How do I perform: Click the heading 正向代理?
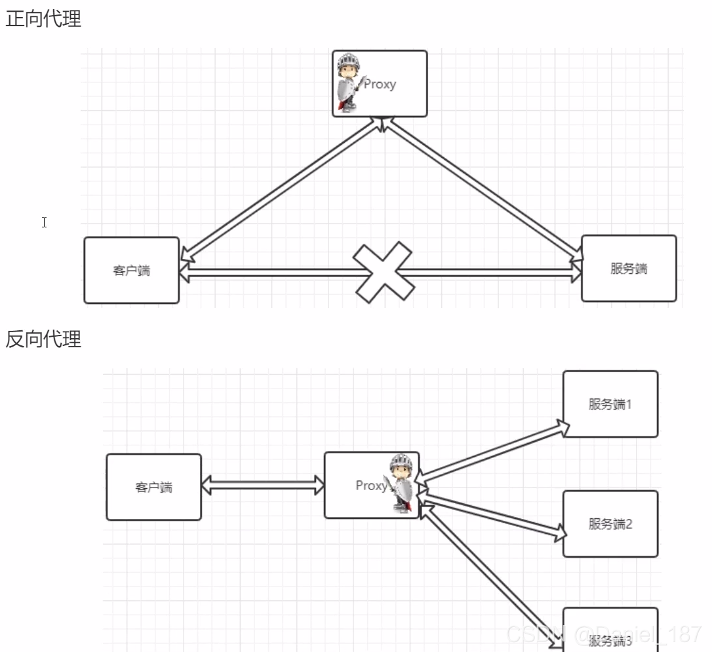tap(43, 19)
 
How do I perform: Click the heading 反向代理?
tap(43, 339)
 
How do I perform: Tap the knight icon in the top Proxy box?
tap(348, 83)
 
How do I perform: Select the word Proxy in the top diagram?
tap(380, 84)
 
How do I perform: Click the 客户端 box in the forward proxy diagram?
tap(132, 270)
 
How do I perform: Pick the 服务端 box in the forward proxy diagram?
tap(629, 268)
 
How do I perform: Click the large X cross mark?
tap(384, 273)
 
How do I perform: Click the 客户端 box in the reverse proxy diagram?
tap(153, 487)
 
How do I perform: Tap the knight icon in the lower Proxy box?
tap(401, 484)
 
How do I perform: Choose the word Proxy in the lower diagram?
tap(371, 486)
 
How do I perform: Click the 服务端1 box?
tap(610, 404)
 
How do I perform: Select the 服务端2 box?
tap(610, 524)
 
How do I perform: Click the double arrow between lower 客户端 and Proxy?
tap(263, 486)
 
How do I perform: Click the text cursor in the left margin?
tap(44, 222)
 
